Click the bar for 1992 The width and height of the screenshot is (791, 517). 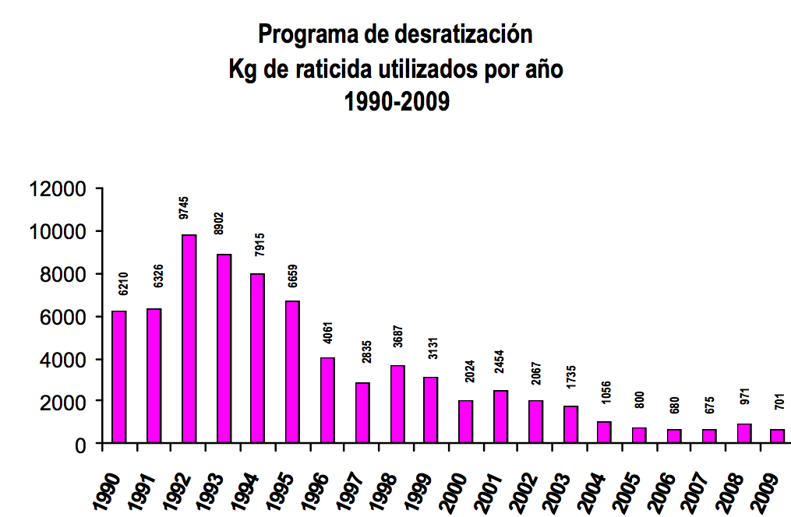pos(189,339)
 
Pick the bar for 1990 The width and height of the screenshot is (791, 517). pos(119,377)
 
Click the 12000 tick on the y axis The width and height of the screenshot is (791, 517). pos(56,189)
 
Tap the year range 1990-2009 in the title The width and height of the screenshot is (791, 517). pos(397,102)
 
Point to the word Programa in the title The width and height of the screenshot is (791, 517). pos(303,35)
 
